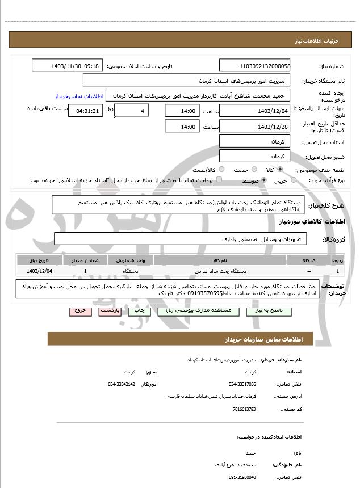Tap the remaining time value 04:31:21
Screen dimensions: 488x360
86,111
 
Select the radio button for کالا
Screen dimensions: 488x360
280,170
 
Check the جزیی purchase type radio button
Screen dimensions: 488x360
293,180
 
